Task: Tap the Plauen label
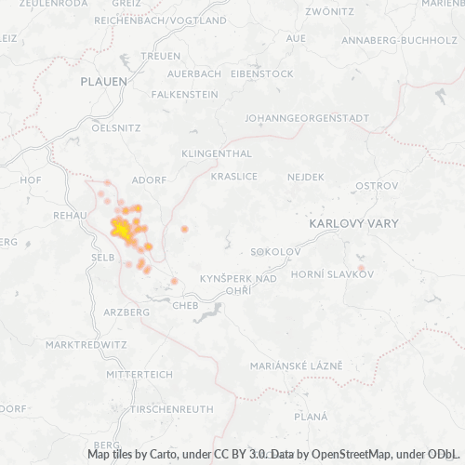(103, 82)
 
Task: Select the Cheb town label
(185, 303)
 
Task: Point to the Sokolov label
(276, 252)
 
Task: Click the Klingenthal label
(217, 152)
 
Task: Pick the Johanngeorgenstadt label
(306, 118)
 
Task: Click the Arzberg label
(127, 312)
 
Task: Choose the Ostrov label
(377, 185)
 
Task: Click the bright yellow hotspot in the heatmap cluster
(121, 228)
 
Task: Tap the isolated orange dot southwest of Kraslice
(184, 229)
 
